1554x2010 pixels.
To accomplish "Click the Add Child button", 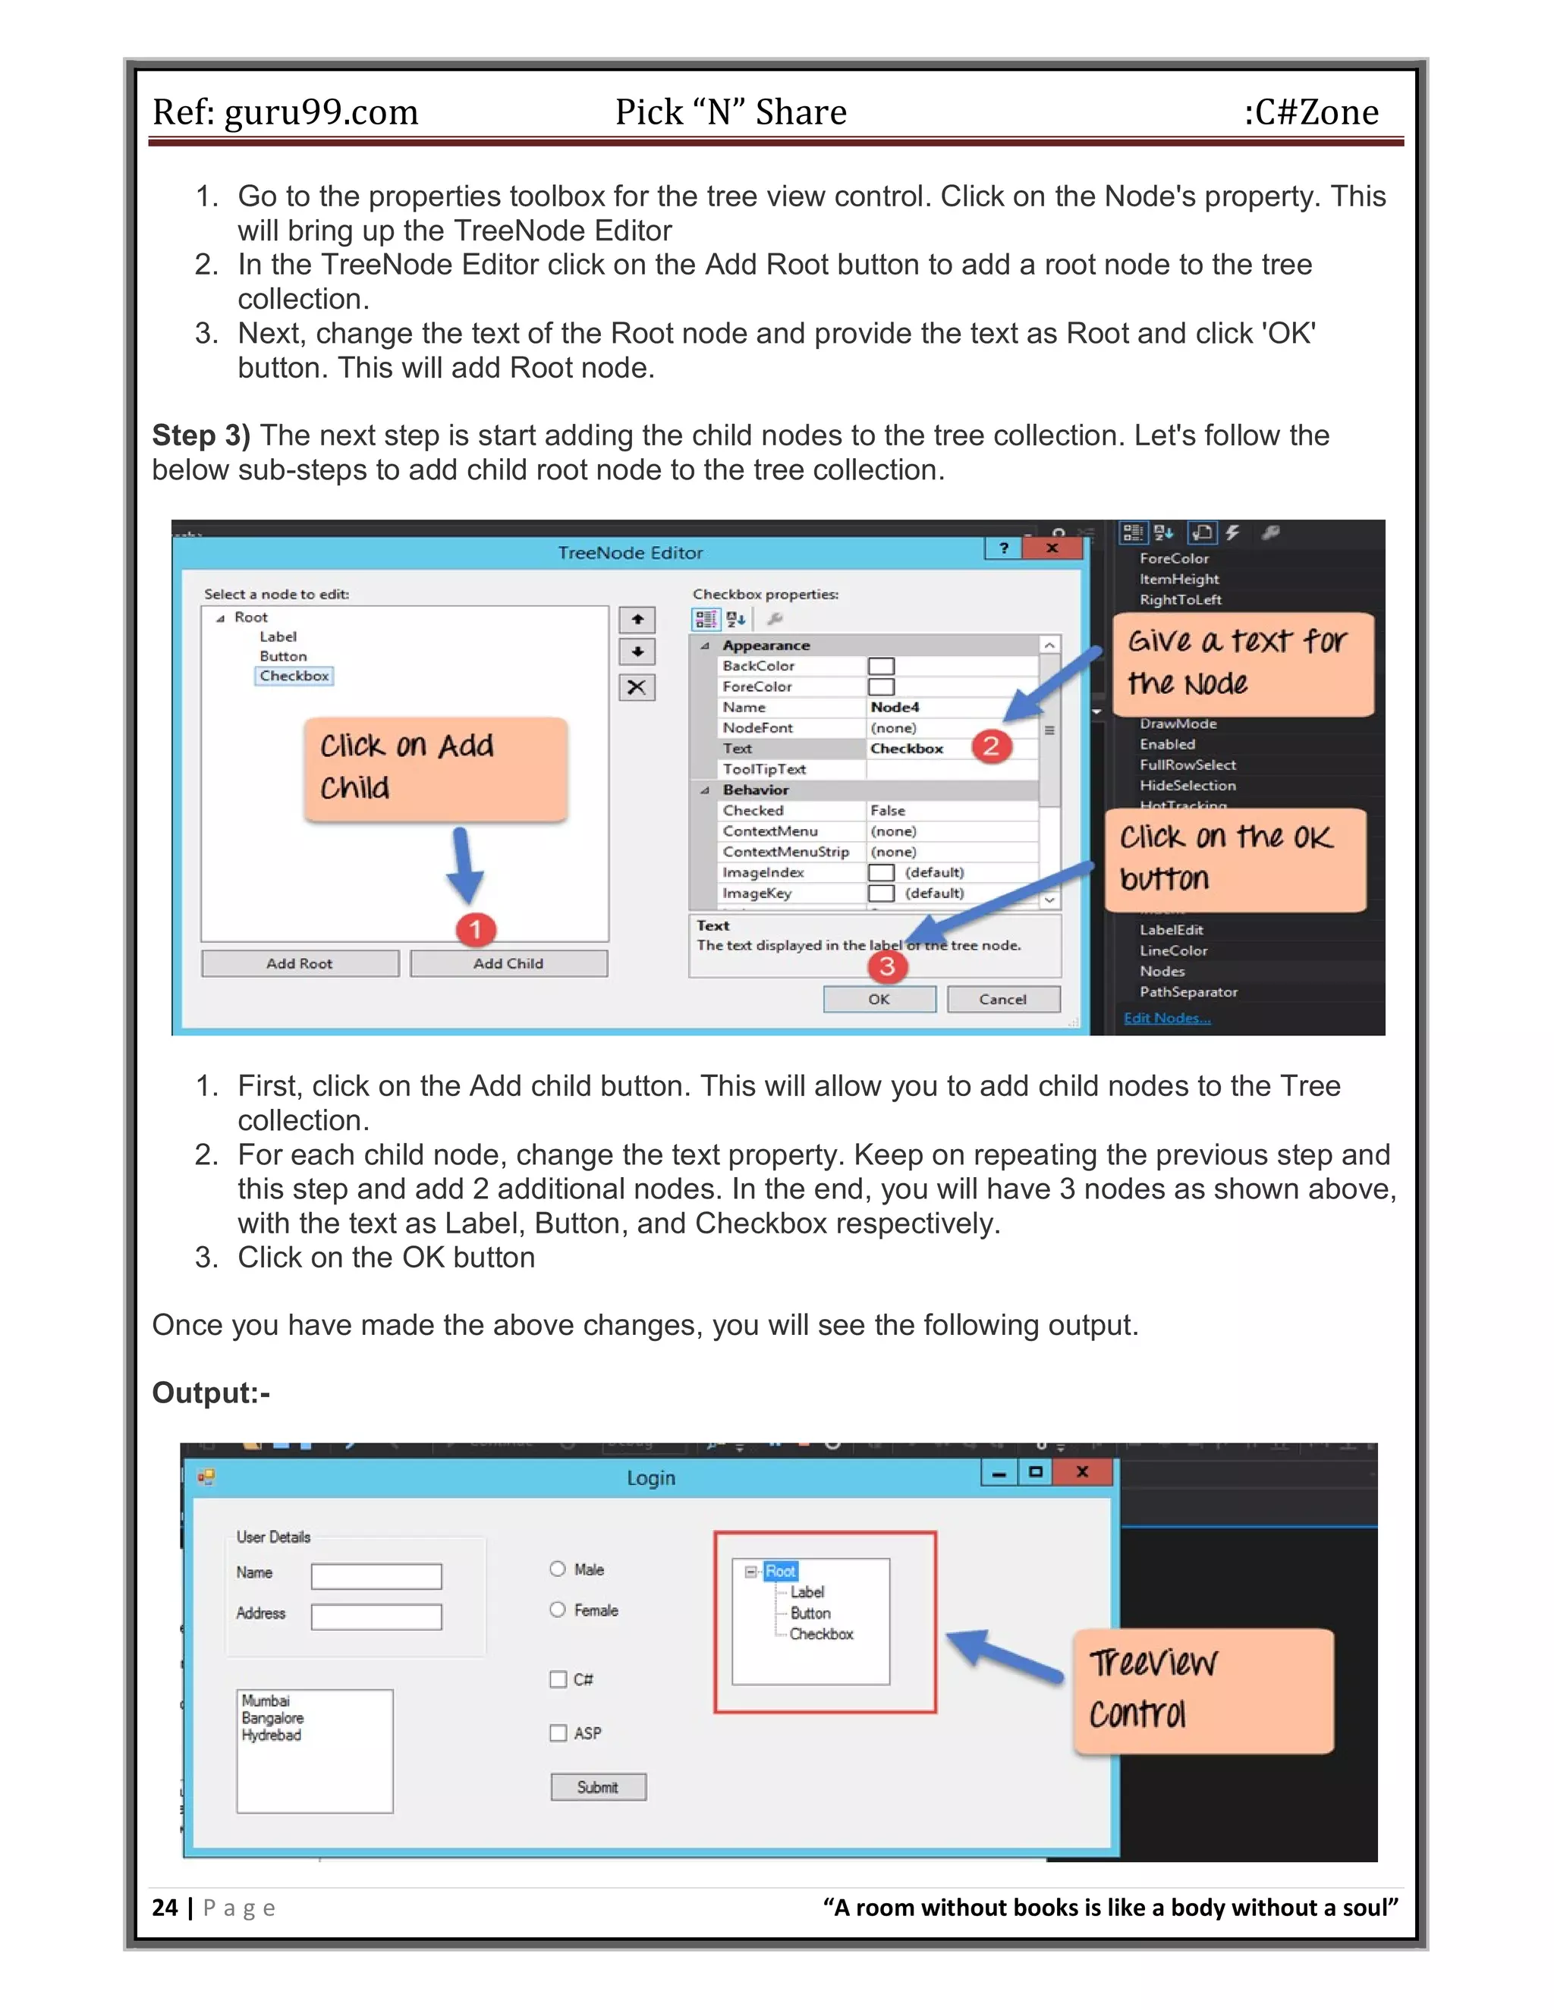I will click(508, 963).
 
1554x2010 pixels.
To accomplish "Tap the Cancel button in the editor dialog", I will click(1002, 999).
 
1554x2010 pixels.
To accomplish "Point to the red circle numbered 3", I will click(886, 966).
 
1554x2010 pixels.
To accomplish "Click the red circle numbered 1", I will click(475, 930).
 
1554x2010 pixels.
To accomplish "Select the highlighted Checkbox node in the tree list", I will click(294, 676).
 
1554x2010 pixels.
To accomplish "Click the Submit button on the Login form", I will click(599, 1786).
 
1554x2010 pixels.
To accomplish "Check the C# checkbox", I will click(558, 1679).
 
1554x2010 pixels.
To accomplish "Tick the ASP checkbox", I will click(558, 1733).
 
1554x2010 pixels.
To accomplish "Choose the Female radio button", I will click(557, 1610).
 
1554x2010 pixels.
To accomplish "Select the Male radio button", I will click(557, 1569).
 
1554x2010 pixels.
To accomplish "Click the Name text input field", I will click(376, 1577).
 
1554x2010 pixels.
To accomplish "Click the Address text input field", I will click(376, 1617).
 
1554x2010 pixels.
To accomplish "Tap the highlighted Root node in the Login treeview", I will click(780, 1571).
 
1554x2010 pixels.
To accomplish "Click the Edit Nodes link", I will click(1166, 1018).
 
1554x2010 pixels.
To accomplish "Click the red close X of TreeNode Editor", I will click(1052, 548).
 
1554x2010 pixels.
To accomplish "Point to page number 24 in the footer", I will click(165, 1907).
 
